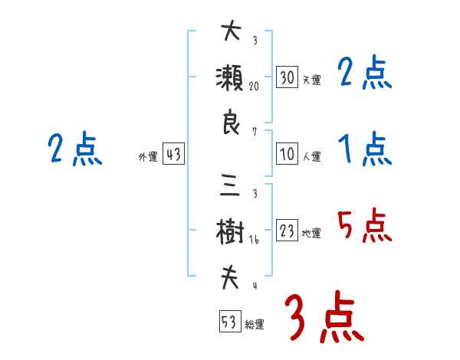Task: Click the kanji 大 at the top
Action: [x=231, y=32]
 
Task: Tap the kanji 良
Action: [x=231, y=124]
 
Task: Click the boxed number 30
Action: [x=287, y=77]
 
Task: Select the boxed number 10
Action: [x=287, y=155]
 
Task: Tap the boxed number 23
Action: [x=287, y=231]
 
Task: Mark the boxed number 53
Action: [x=228, y=322]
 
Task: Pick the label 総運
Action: [x=255, y=325]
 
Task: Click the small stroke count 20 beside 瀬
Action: [x=255, y=86]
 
